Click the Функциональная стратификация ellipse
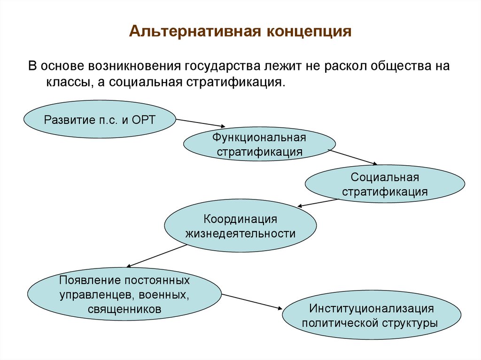click(x=259, y=145)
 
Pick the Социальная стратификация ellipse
click(x=385, y=184)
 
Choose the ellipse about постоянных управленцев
click(x=124, y=295)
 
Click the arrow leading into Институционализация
click(x=252, y=301)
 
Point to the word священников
click(x=124, y=309)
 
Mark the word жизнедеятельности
click(x=240, y=233)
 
